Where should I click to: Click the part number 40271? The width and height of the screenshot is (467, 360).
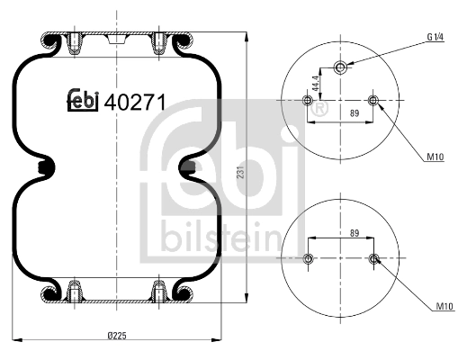pos(135,102)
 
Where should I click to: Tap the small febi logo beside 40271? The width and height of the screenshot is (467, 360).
pos(83,103)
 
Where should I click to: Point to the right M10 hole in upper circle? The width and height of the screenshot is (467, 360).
pos(374,101)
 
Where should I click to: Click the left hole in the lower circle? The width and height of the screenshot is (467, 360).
pos(309,260)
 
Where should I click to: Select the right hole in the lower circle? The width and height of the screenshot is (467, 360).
pos(374,260)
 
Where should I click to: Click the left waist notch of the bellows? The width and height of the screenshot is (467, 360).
pos(47,167)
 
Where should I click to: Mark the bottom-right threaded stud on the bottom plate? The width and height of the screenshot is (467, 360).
pos(159,291)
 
